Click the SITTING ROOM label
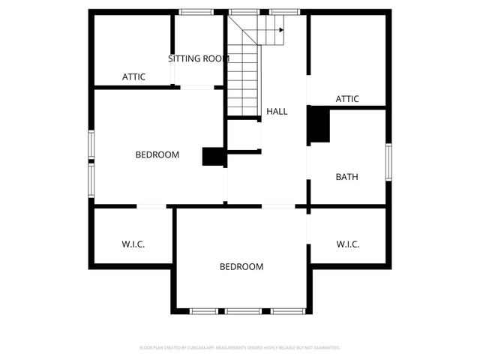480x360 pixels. [198, 58]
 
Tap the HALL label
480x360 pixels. [277, 112]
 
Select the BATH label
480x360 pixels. [346, 178]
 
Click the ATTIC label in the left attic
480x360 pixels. [133, 76]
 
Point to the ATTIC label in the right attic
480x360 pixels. [347, 99]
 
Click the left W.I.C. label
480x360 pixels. [133, 244]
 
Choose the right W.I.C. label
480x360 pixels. [348, 244]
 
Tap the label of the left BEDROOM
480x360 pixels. [157, 155]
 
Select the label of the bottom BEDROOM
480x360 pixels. [241, 266]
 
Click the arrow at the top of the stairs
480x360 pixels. [280, 31]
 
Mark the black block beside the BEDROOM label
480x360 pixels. [214, 156]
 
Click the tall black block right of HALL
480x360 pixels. [319, 124]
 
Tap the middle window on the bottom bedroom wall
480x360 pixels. [243, 310]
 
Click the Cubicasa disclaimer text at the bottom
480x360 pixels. [240, 348]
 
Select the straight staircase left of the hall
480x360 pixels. [243, 79]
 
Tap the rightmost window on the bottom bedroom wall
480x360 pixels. [287, 310]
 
